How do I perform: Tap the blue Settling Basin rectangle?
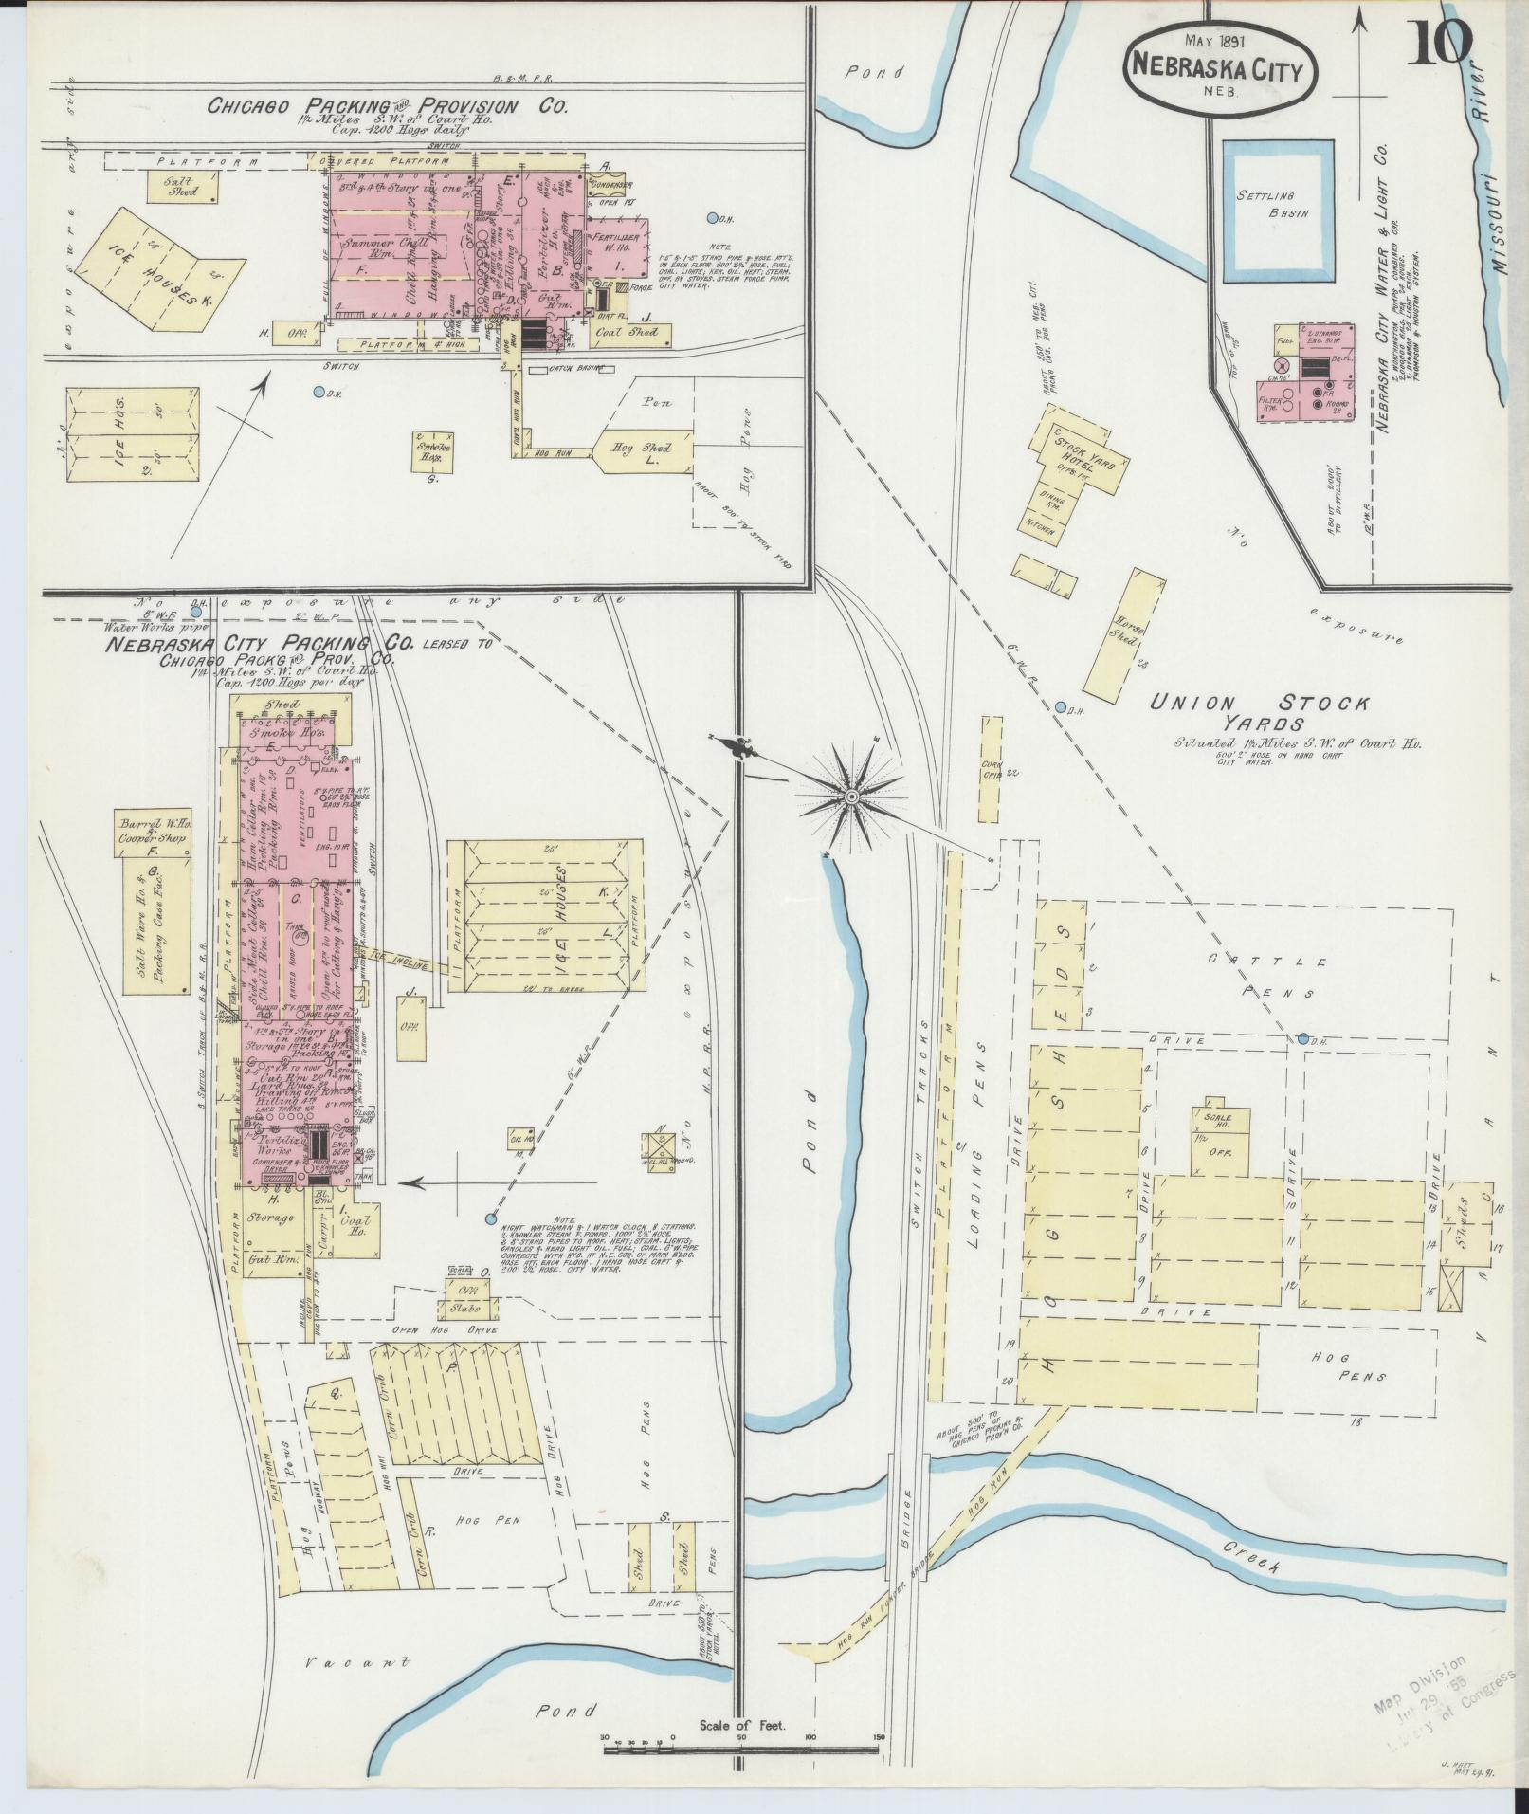[1277, 211]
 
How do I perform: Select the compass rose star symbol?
[851, 797]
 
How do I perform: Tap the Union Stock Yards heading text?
[1261, 712]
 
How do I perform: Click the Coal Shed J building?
[631, 334]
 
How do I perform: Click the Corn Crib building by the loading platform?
[990, 769]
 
